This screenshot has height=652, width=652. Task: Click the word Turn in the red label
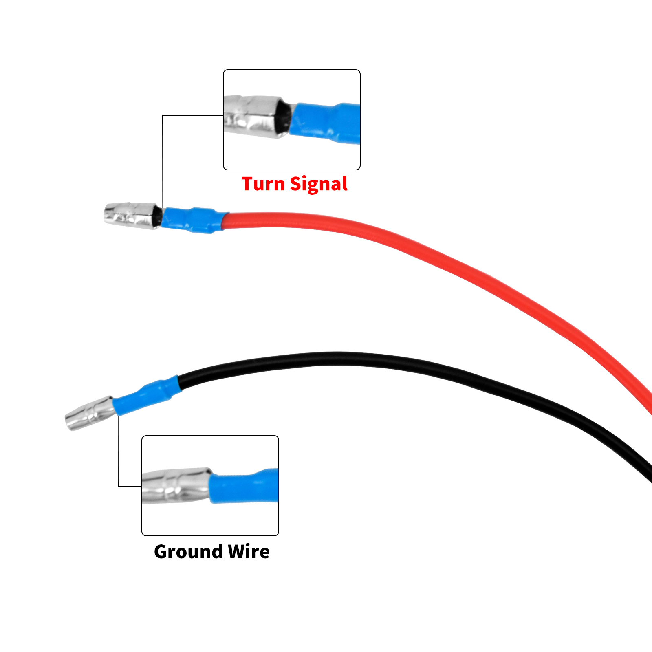click(263, 184)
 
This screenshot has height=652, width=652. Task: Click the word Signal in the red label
click(319, 185)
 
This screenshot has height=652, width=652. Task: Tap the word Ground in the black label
click(189, 552)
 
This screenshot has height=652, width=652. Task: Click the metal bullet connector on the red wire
click(130, 216)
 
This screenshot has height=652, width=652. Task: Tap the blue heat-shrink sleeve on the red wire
click(192, 220)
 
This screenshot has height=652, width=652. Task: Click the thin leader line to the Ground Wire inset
click(119, 452)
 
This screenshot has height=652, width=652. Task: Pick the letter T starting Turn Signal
click(248, 184)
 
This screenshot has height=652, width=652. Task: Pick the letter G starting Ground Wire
click(162, 552)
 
